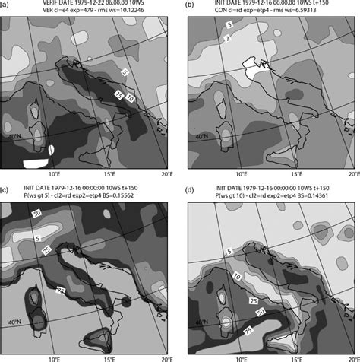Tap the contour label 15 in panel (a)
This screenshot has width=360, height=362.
tap(119, 93)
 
